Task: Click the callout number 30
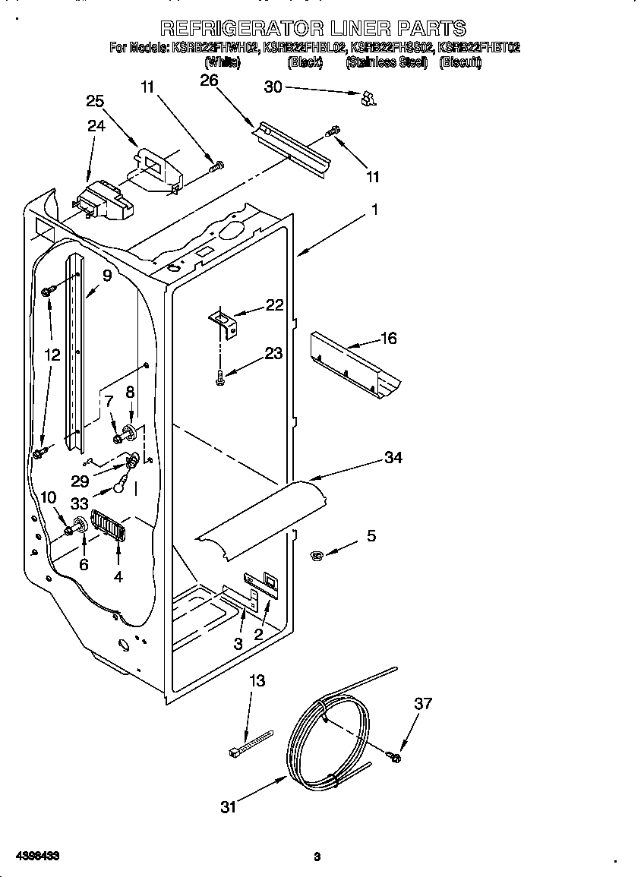point(273,87)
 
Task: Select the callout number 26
point(209,80)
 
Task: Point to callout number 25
point(95,102)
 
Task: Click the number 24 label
point(96,126)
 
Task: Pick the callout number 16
point(388,339)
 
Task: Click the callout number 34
point(393,457)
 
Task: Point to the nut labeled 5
point(317,557)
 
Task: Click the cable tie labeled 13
point(248,743)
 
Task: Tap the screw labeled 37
point(395,756)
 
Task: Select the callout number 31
point(229,806)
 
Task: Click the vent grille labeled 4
point(106,525)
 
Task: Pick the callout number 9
point(107,276)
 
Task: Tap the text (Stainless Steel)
point(386,63)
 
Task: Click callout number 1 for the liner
point(374,210)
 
